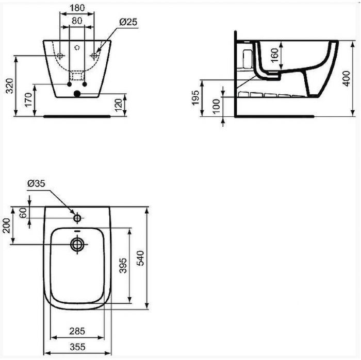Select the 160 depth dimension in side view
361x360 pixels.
(274, 54)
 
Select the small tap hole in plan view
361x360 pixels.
(77, 218)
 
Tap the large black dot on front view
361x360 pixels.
(77, 94)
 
